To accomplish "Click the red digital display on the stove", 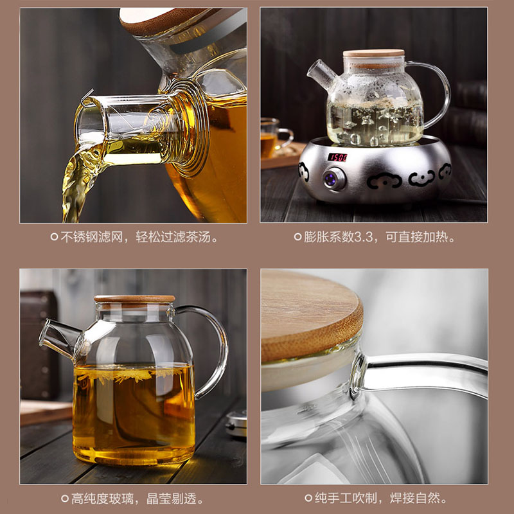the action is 337,157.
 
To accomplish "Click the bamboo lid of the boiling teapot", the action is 374,53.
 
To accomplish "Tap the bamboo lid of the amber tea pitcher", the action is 134,299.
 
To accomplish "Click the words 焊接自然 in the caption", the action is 415,498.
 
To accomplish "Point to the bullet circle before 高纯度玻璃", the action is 65,499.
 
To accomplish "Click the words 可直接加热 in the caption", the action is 417,236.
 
